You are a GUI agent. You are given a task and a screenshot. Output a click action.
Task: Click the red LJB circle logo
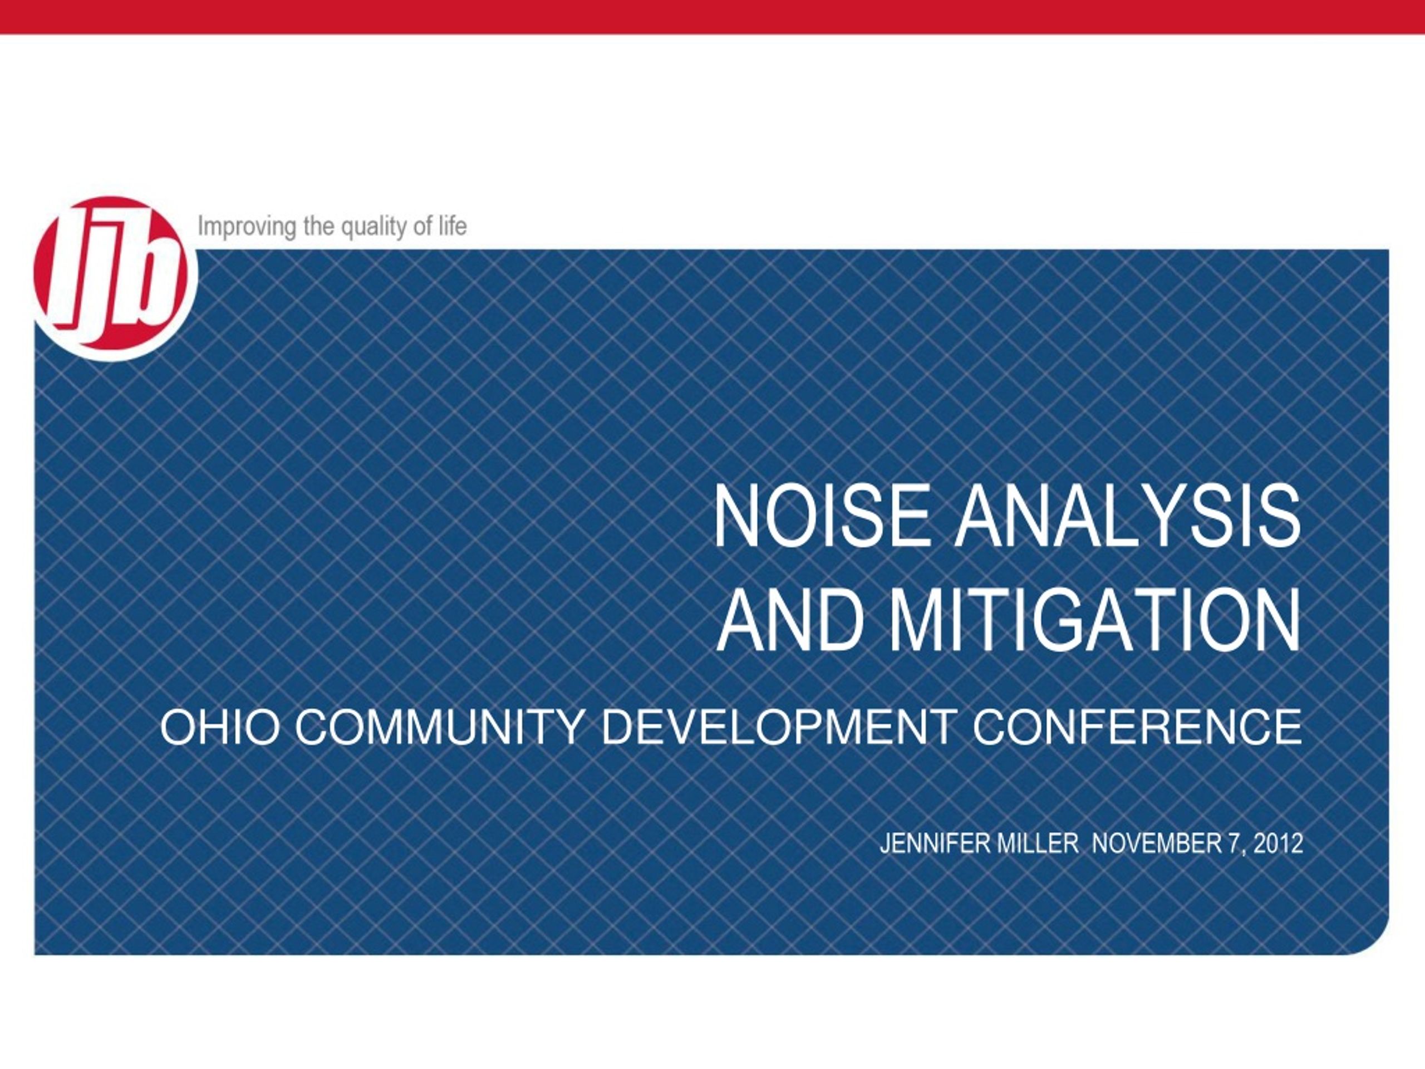[x=115, y=278]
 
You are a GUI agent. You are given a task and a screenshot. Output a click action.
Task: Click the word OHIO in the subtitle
[x=220, y=728]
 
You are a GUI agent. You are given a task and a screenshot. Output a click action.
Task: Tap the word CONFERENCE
[x=1138, y=728]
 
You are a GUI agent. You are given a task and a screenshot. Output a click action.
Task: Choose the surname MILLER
[x=1037, y=844]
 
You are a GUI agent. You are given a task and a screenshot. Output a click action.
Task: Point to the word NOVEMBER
[x=1156, y=844]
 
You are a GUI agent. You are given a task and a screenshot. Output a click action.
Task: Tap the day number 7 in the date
[x=1234, y=844]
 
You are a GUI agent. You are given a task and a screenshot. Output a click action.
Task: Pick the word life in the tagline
[x=453, y=226]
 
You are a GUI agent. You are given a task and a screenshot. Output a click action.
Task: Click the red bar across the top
[x=712, y=17]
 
